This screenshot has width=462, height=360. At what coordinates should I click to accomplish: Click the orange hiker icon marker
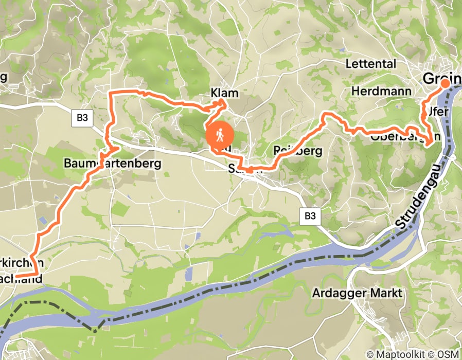pyautogui.click(x=220, y=136)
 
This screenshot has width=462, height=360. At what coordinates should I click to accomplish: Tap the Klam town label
pyautogui.click(x=225, y=93)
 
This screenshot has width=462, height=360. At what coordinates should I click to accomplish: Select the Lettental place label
pyautogui.click(x=371, y=64)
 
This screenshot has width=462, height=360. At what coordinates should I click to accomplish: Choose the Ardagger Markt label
pyautogui.click(x=357, y=293)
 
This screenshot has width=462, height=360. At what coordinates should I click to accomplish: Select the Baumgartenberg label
pyautogui.click(x=112, y=164)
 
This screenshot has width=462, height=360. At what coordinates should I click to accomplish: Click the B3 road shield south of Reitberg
pyautogui.click(x=310, y=217)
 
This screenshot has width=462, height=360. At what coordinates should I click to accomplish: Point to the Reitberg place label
pyautogui.click(x=297, y=151)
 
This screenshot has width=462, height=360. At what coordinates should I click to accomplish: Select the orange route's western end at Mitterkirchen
pyautogui.click(x=15, y=277)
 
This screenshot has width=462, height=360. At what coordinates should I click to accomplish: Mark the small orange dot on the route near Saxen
pyautogui.click(x=249, y=170)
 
